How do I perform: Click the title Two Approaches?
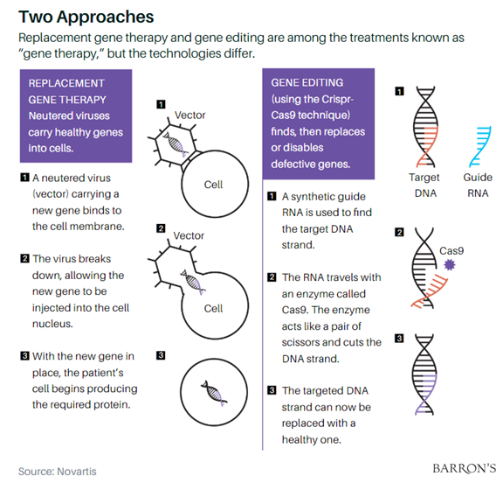point(86,17)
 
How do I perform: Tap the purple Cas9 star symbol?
point(450,265)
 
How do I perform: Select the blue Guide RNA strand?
point(480,147)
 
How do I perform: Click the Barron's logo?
point(465,468)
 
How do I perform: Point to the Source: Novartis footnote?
point(58,472)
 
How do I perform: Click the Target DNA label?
point(424,185)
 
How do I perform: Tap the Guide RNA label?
point(478,185)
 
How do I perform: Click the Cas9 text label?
point(451,250)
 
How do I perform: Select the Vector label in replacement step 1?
point(189,115)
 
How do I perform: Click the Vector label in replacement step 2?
point(189,235)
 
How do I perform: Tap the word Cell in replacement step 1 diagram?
point(213,185)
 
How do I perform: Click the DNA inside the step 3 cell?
point(214,394)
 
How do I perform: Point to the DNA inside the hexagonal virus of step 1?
point(176,144)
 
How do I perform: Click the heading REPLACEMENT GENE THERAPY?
point(67,92)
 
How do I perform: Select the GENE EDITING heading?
point(307,82)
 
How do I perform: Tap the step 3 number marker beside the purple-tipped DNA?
point(399,339)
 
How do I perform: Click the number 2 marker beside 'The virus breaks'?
point(24,258)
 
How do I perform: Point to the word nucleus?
point(52,324)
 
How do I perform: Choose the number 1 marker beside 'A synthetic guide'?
point(272,196)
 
